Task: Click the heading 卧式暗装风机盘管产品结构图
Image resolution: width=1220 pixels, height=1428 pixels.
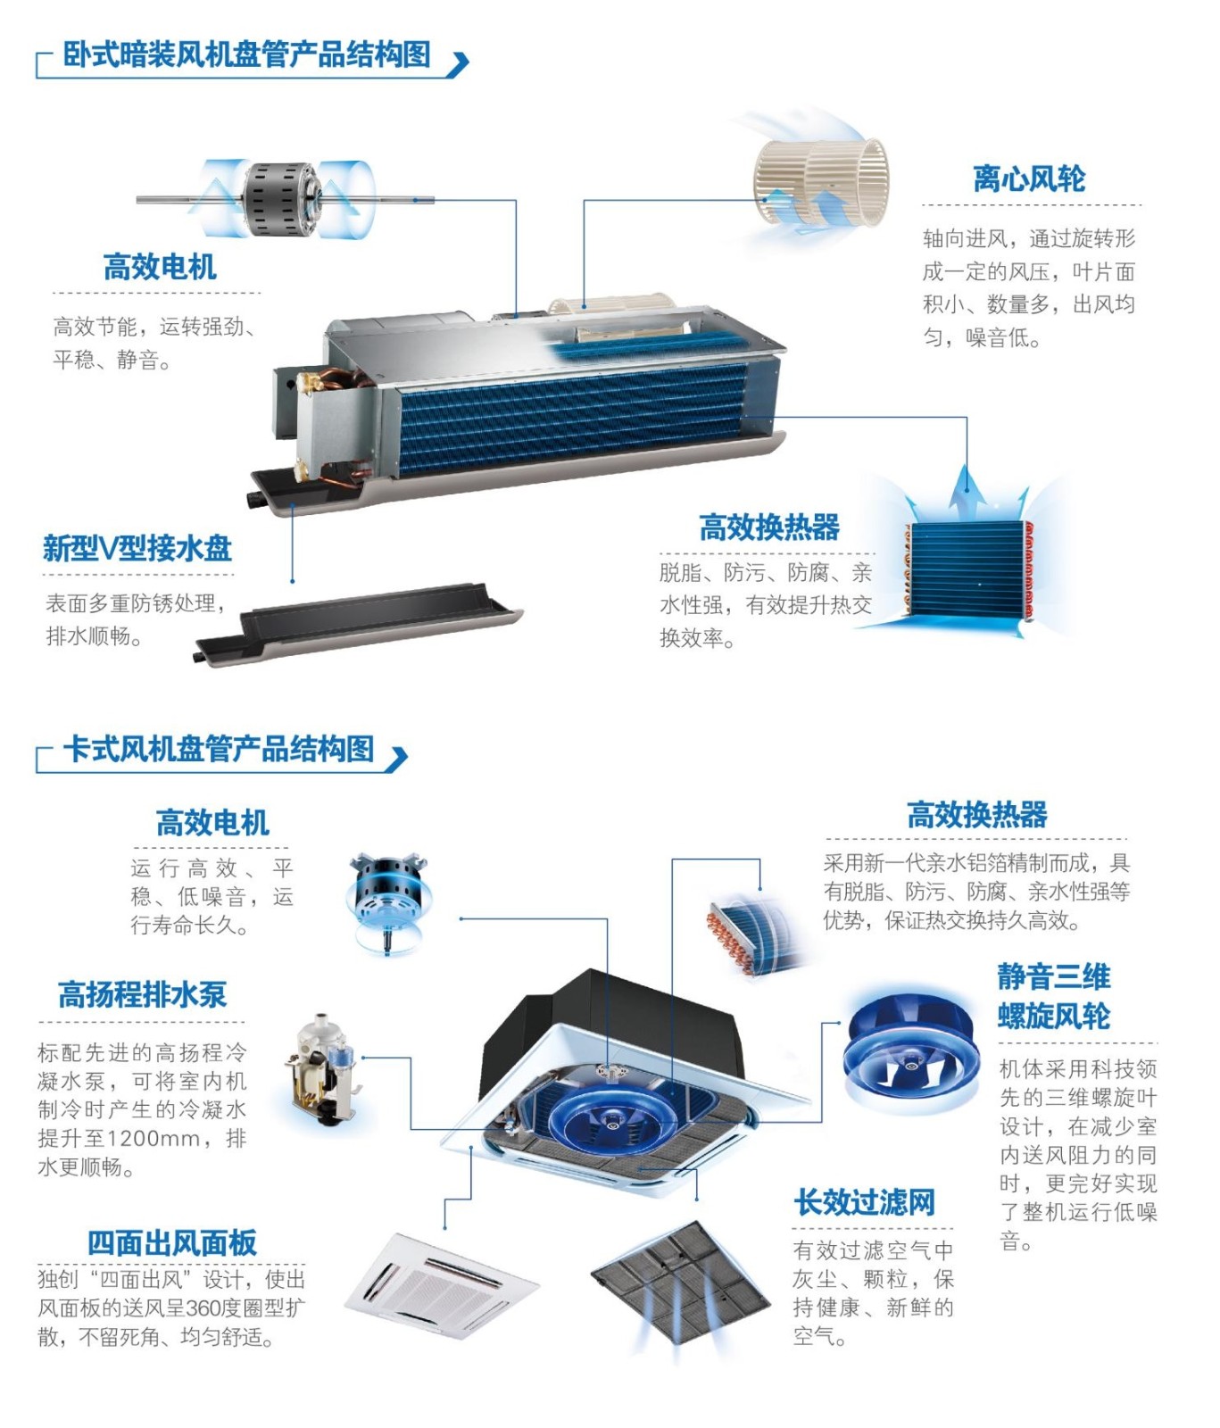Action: coord(246,54)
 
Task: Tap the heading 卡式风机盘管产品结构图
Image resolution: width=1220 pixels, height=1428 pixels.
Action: coord(218,749)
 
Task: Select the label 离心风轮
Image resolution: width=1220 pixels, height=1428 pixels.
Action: coord(1029,178)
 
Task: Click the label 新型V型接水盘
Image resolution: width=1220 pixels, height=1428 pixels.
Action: coord(137,547)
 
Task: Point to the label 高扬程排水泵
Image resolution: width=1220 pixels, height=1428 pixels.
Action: coord(142,994)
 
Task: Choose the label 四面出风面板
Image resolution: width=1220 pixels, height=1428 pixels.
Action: coord(172,1242)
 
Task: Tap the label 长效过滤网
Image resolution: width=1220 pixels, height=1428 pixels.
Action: coord(865,1202)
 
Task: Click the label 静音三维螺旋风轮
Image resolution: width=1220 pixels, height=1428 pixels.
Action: coord(1054,996)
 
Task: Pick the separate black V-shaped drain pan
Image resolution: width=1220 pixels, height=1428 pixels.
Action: coord(359,622)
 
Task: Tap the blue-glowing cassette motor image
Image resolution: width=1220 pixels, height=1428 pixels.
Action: coord(389,902)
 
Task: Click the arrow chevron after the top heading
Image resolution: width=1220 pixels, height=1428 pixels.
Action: coord(459,64)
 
